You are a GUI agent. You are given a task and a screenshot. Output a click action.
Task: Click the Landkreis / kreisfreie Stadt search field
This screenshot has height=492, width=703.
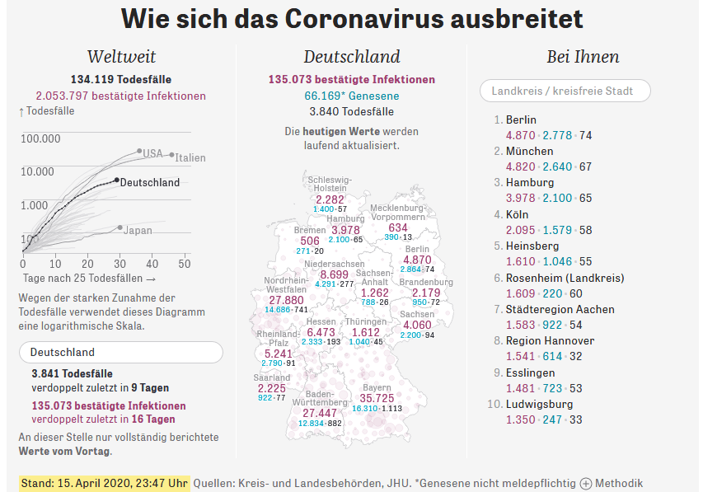[x=565, y=91]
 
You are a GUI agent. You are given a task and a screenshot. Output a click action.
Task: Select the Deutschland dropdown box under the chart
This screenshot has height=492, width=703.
[x=120, y=352]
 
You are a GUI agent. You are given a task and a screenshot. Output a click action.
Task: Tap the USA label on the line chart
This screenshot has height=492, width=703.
[x=152, y=153]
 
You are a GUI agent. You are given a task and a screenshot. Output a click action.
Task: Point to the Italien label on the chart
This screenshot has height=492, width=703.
[x=190, y=157]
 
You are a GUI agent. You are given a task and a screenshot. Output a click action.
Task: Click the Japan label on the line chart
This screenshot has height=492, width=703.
[x=138, y=231]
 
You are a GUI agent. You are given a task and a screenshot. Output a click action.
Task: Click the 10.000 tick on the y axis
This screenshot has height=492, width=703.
[x=37, y=171]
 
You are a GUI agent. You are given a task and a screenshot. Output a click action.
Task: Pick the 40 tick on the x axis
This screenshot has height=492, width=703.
[x=152, y=264]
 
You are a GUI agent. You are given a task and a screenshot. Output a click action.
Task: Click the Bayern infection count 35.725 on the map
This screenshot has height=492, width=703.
[x=377, y=398]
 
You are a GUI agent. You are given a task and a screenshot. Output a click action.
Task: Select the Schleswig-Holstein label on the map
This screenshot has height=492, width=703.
[x=330, y=184]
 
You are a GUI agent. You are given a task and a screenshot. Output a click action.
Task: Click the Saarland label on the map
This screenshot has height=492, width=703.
[x=272, y=377]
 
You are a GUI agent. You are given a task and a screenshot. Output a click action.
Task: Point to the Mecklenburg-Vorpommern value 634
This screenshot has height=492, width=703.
[x=398, y=227]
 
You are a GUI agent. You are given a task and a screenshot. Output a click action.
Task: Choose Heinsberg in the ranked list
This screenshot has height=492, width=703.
[x=532, y=246]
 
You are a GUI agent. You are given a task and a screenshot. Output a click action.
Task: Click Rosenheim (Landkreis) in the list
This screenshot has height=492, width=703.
[x=565, y=278]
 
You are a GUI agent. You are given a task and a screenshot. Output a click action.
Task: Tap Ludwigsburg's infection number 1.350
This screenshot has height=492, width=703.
[x=521, y=419]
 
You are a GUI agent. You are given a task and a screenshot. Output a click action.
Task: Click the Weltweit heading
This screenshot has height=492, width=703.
[x=121, y=57]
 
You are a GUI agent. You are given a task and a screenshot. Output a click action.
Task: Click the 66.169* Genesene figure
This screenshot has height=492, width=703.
[x=351, y=96]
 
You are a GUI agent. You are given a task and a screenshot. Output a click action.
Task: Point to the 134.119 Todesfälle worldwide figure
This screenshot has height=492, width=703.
[x=120, y=80]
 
